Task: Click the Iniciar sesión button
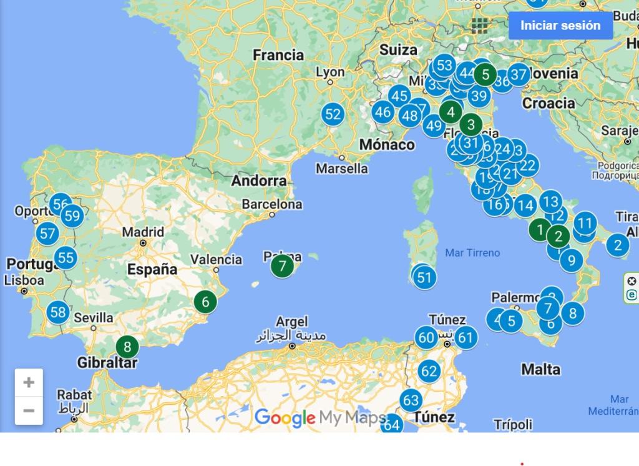(560, 26)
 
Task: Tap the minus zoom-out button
(29, 410)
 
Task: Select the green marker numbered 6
(205, 302)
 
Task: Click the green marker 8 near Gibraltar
(127, 347)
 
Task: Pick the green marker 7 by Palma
(282, 267)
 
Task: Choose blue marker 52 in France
(333, 114)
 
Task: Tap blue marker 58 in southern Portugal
(58, 312)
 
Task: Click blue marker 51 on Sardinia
(424, 277)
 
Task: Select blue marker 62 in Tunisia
(429, 372)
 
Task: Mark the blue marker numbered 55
(66, 257)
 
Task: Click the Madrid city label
(143, 232)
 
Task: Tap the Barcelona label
(272, 204)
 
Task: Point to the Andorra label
(259, 181)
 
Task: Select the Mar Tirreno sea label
(472, 253)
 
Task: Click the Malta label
(540, 369)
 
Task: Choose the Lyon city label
(330, 72)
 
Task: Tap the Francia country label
(278, 55)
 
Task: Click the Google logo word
(285, 418)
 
